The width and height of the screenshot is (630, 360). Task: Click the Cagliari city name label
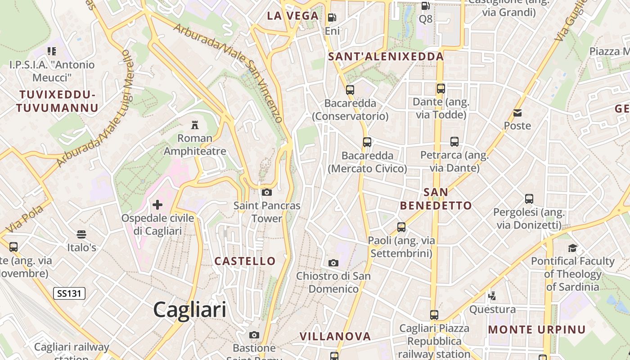(x=189, y=310)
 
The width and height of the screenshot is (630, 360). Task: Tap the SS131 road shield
(x=69, y=294)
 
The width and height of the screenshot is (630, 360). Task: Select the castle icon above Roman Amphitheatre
(x=195, y=125)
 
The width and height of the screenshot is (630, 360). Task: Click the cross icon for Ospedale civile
(x=157, y=205)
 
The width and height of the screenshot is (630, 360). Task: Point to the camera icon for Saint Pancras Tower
(x=267, y=193)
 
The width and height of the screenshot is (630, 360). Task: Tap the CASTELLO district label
(x=245, y=261)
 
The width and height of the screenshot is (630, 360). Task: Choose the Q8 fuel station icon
(x=425, y=6)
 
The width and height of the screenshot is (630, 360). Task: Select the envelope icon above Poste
(x=517, y=113)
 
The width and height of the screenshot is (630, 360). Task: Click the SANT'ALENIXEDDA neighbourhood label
(x=386, y=57)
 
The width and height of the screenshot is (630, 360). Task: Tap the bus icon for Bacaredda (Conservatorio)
(x=350, y=90)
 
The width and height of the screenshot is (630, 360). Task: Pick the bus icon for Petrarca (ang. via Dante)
(x=454, y=142)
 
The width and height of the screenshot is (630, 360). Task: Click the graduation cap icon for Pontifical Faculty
(x=572, y=248)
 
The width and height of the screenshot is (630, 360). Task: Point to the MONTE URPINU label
(x=537, y=329)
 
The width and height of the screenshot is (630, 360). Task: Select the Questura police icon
(x=492, y=296)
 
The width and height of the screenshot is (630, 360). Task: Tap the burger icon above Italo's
(x=81, y=234)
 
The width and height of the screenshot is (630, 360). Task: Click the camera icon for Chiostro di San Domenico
(x=333, y=263)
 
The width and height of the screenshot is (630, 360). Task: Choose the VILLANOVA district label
(x=335, y=336)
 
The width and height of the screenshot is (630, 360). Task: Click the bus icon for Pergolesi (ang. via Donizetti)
(x=529, y=199)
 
